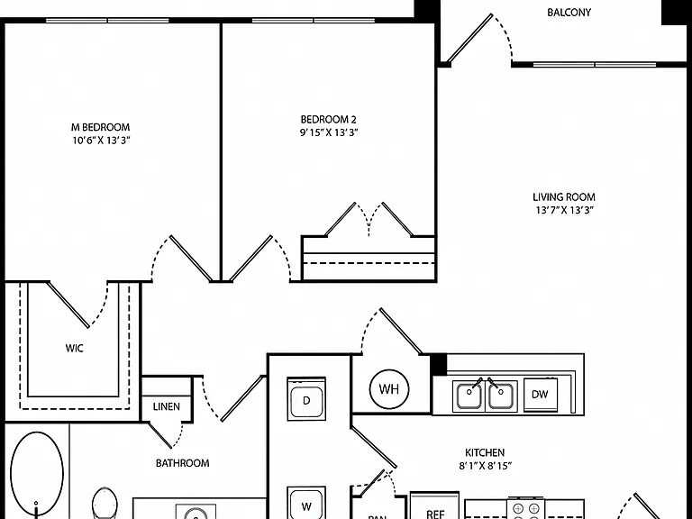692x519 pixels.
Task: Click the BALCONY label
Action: pos(569,13)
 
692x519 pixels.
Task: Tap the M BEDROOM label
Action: pos(101,127)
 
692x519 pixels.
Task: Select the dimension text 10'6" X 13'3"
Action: pos(101,141)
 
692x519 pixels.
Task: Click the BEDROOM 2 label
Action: pos(328,119)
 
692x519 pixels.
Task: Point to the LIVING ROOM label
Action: pos(563,196)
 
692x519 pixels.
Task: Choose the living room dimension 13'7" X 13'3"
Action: pos(564,210)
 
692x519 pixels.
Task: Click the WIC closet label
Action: pos(74,348)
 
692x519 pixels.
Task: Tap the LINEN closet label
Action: pos(167,406)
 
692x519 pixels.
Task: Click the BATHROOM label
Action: pos(182,463)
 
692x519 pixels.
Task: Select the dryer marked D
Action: pos(306,399)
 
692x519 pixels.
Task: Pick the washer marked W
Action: pos(306,503)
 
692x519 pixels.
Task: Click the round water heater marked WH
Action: pos(389,389)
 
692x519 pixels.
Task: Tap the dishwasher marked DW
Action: pos(541,395)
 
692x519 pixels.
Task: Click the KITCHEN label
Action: pos(485,452)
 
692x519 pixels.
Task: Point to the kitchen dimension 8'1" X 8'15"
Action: pos(485,466)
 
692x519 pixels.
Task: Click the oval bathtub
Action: pos(37,476)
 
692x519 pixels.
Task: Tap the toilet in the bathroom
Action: pos(105,503)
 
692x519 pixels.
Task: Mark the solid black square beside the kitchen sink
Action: pos(439,365)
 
